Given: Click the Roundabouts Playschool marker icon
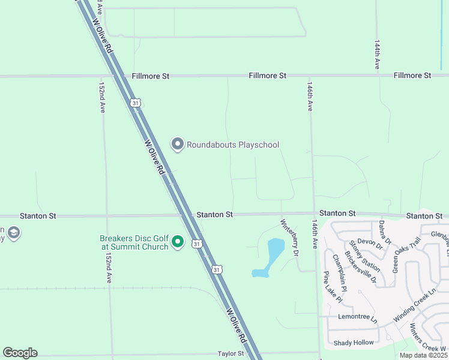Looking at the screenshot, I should pos(177,145).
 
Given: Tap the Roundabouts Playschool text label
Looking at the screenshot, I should pos(232,145).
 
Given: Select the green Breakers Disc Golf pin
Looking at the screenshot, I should pos(177,242).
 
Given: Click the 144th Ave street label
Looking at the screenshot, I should pos(377,55).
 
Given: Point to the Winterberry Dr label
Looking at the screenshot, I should pos(289,238).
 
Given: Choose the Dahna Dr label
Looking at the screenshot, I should pos(385,232).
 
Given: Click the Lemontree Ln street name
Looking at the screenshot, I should pos(357,316).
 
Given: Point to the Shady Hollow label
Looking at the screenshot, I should pos(354,343).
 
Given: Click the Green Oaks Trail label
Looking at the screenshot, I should pos(406,255).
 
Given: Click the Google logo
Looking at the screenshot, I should pos(20,352).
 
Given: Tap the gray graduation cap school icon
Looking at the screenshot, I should pos(13,233).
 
